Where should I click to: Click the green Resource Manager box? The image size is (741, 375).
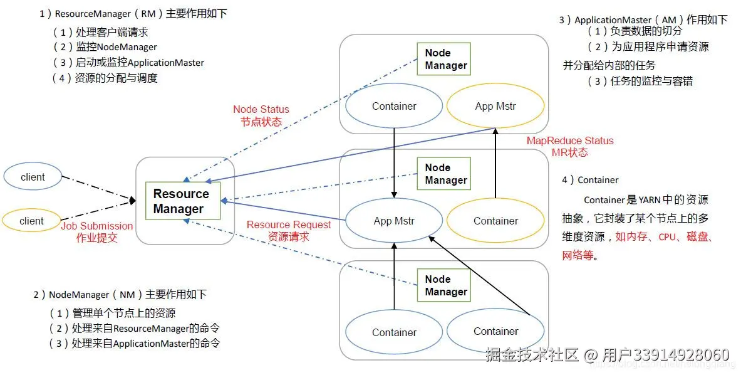(x=182, y=201)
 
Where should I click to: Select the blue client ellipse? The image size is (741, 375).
(x=33, y=177)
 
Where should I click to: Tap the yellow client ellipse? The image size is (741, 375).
(x=31, y=221)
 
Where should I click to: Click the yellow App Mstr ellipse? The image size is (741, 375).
(x=495, y=106)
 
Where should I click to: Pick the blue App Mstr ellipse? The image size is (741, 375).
(x=394, y=221)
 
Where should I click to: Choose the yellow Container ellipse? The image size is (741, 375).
(x=495, y=221)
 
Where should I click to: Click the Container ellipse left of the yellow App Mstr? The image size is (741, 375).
(x=394, y=106)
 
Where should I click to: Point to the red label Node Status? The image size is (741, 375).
(x=261, y=110)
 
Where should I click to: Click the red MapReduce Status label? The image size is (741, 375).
(x=570, y=141)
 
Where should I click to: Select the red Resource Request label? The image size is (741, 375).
(x=288, y=224)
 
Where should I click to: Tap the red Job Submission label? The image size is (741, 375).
(x=97, y=226)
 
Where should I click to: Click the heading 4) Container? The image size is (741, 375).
(x=590, y=180)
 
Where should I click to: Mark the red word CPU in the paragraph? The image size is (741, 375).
(x=667, y=237)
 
